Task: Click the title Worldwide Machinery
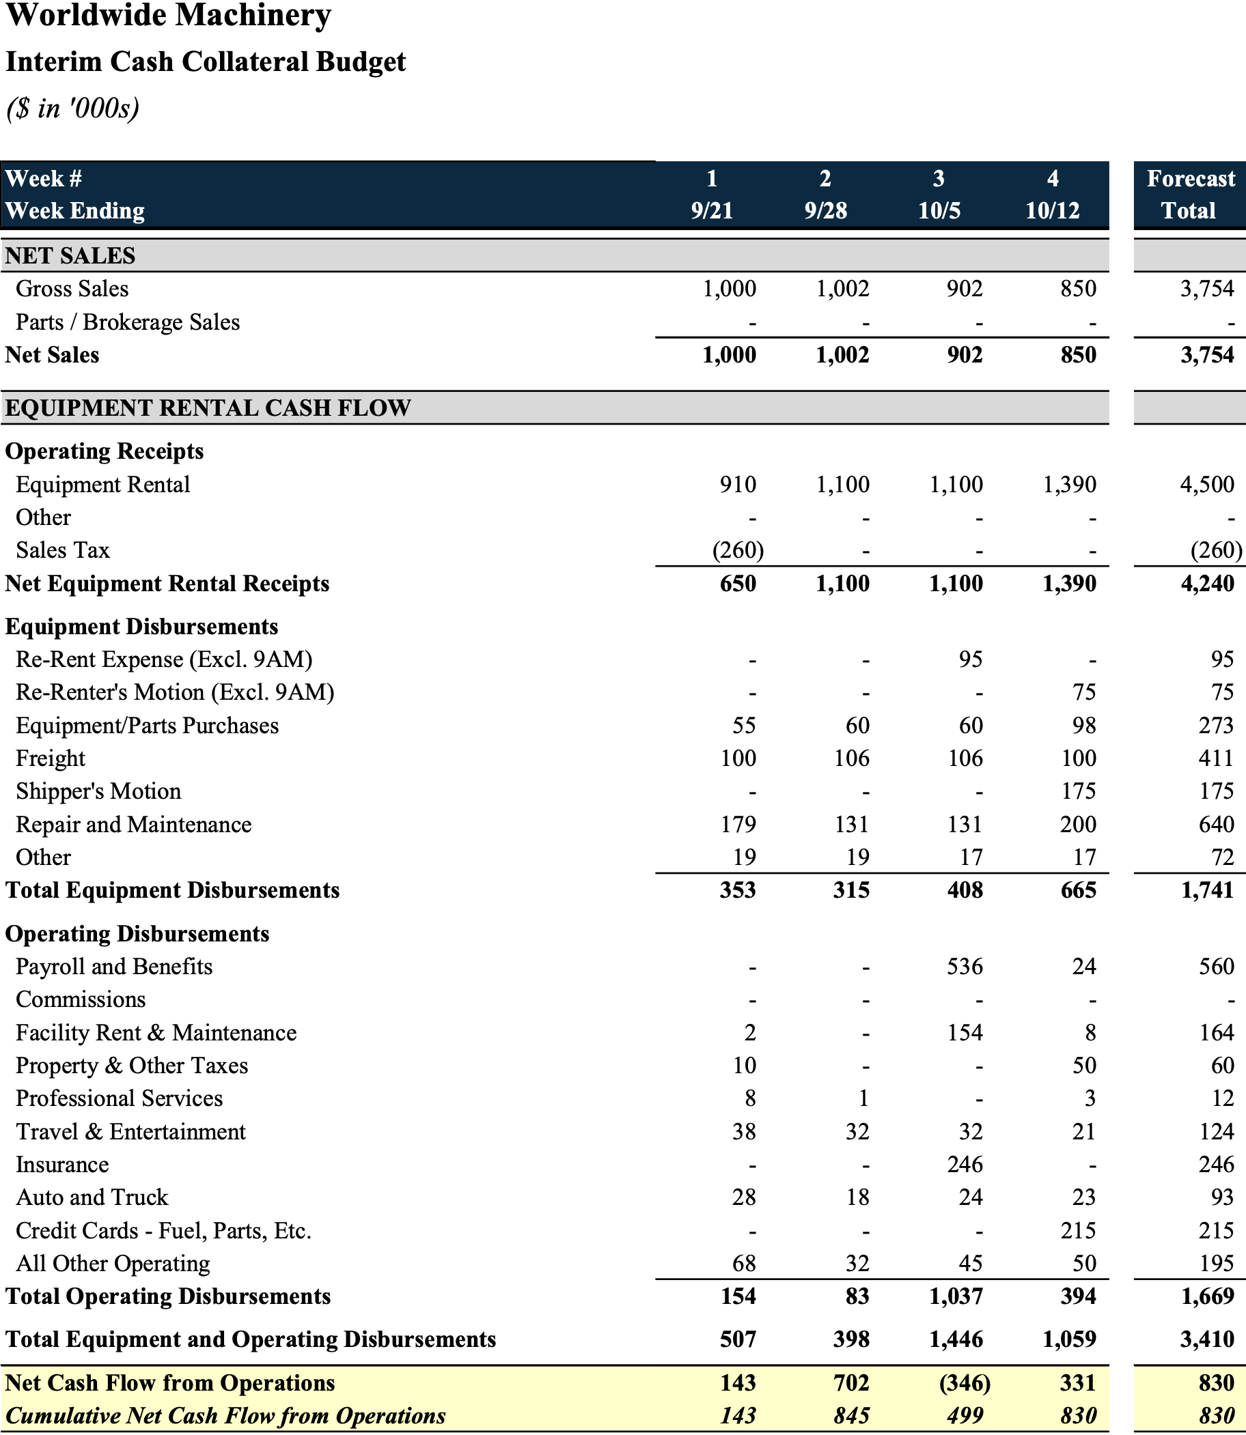tap(168, 15)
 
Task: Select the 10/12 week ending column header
tap(1053, 210)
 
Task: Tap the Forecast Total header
tap(1191, 195)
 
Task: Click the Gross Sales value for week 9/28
tap(843, 288)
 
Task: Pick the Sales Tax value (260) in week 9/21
tap(738, 550)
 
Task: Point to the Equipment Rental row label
tap(103, 484)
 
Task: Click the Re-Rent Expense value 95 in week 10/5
tap(971, 659)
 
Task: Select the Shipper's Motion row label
tap(98, 791)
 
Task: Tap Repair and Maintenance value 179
tap(738, 824)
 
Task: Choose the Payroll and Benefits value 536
tap(965, 967)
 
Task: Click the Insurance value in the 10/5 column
tap(965, 1165)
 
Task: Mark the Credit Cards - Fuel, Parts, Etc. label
tap(163, 1231)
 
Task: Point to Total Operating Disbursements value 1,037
tap(956, 1296)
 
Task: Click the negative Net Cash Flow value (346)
tap(965, 1383)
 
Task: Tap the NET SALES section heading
tap(70, 256)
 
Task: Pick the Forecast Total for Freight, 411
tap(1216, 758)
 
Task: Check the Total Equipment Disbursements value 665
tap(1079, 890)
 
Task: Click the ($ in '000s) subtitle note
tap(73, 108)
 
